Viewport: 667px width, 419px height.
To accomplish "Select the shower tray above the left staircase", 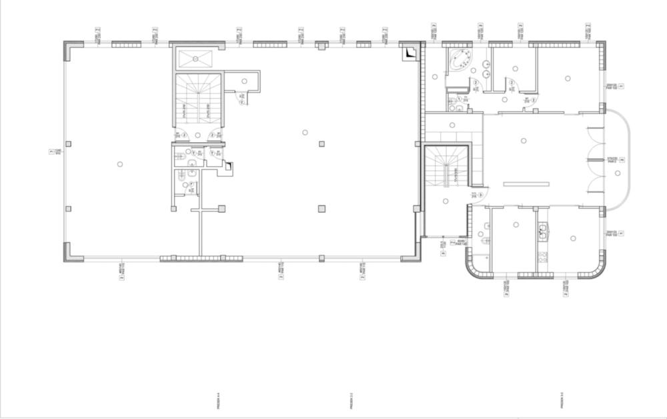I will [196, 58].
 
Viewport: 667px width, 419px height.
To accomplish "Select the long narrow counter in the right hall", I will [525, 183].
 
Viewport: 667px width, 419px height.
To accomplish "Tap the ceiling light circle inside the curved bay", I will [618, 173].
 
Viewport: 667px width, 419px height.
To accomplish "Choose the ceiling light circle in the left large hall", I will [120, 164].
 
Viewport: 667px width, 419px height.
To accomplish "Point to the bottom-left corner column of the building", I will [71, 252].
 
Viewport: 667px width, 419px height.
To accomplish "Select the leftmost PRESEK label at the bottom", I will [219, 400].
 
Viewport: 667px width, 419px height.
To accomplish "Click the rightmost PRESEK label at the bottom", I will [562, 400].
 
